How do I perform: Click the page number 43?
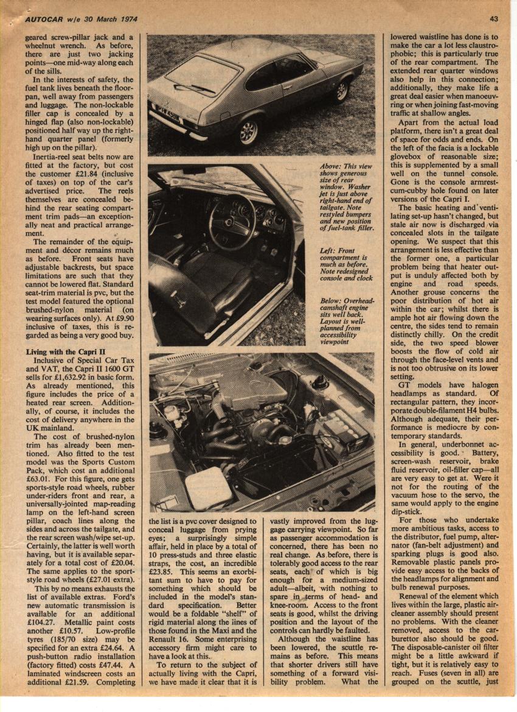pyautogui.click(x=494, y=19)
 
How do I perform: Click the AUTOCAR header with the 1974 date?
pyautogui.click(x=82, y=19)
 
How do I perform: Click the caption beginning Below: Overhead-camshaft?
pyautogui.click(x=346, y=322)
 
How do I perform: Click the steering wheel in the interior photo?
pyautogui.click(x=232, y=222)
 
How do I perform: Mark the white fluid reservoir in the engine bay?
pyautogui.click(x=208, y=487)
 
